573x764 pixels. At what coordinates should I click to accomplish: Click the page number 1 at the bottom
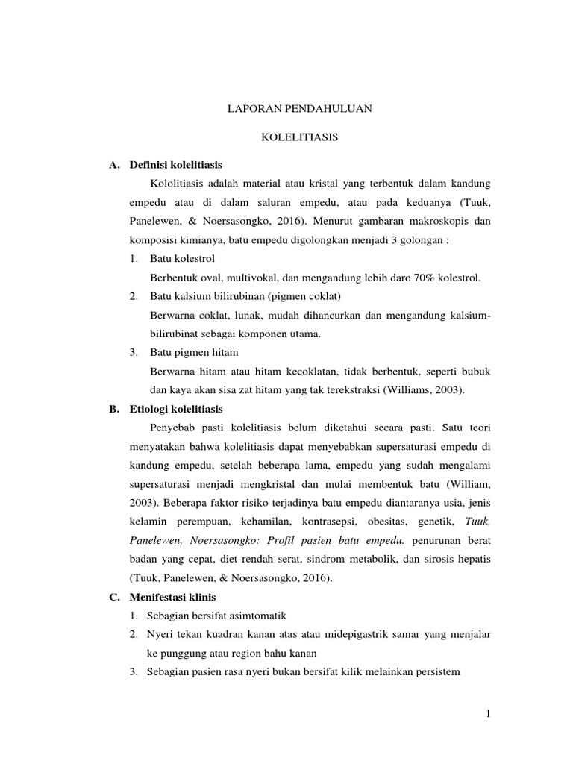tap(488, 714)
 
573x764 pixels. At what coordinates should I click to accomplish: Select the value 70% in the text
tap(419, 278)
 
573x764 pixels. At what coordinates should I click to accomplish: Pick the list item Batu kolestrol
tap(182, 259)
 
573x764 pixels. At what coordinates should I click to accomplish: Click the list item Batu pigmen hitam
tap(194, 352)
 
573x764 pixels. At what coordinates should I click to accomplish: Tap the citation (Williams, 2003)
tap(418, 390)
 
